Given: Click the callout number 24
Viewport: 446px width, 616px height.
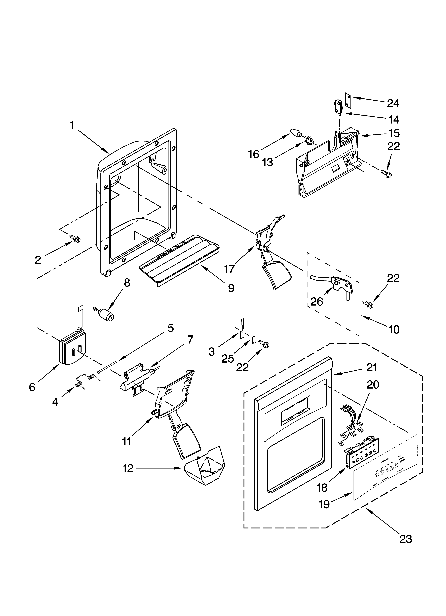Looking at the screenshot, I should click(x=393, y=104).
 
